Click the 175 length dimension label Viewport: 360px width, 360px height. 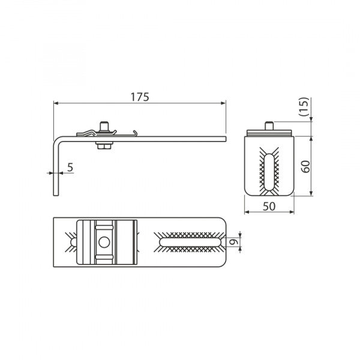point(140,97)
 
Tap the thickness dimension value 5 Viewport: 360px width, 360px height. point(70,167)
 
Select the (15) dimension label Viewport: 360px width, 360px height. point(305,107)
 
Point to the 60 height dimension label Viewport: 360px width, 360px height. point(305,167)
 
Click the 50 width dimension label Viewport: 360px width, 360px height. point(269,206)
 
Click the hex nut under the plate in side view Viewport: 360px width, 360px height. point(104,146)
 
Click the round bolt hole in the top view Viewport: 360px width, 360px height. point(104,242)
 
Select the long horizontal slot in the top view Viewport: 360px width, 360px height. point(190,242)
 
